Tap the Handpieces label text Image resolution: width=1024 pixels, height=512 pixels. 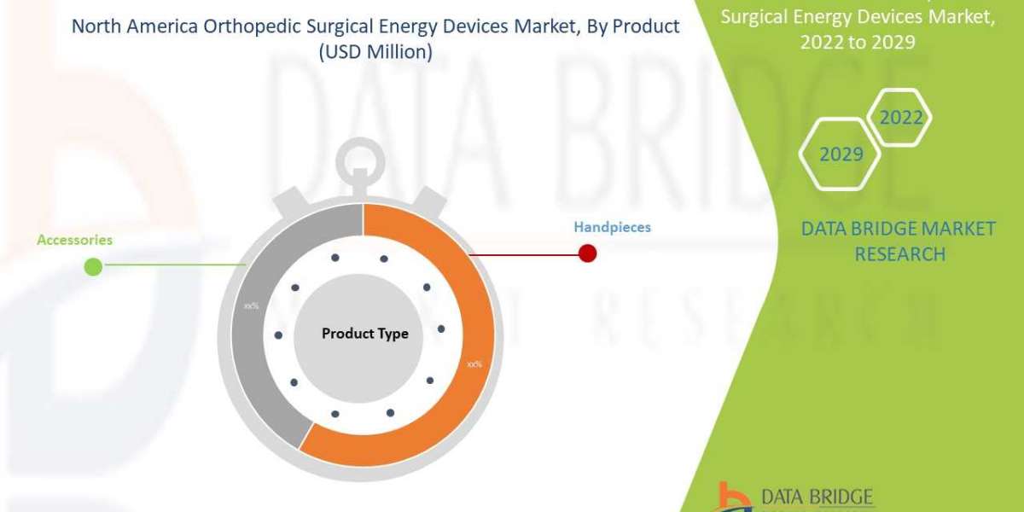[612, 227]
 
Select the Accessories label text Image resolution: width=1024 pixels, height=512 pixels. [74, 240]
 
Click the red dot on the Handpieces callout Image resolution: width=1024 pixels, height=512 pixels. [587, 253]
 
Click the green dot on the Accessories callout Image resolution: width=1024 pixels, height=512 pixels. [93, 267]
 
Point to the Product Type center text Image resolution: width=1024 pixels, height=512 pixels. [364, 334]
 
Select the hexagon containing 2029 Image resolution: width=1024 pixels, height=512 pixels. [841, 154]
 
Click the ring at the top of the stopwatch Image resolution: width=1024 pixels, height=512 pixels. [364, 158]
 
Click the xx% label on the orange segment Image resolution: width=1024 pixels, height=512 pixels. [474, 364]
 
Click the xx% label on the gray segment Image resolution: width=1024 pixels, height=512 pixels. [251, 305]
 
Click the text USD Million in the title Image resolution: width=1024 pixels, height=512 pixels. [376, 51]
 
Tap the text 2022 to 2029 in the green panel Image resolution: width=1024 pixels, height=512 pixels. [863, 42]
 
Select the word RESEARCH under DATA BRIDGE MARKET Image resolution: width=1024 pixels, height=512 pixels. [899, 253]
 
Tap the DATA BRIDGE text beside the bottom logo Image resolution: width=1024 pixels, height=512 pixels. [817, 497]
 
